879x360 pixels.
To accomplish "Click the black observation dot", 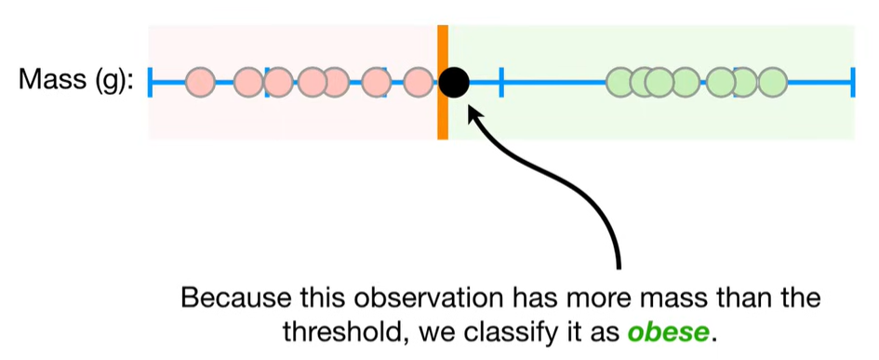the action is [454, 83].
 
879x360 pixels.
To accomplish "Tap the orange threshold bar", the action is [443, 82].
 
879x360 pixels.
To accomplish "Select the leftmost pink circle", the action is [200, 83].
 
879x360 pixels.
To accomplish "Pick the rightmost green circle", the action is [773, 83].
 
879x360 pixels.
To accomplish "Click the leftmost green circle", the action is [620, 83].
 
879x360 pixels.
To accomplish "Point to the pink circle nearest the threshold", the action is [418, 83].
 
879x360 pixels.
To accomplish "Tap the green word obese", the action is [668, 332].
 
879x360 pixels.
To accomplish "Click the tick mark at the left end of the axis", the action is [151, 83].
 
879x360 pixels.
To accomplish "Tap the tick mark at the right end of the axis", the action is [853, 83].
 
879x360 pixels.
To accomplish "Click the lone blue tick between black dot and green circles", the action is [501, 83].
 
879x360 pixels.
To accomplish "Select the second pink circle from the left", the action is [248, 83].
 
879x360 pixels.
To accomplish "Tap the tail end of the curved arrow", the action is [619, 268].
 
